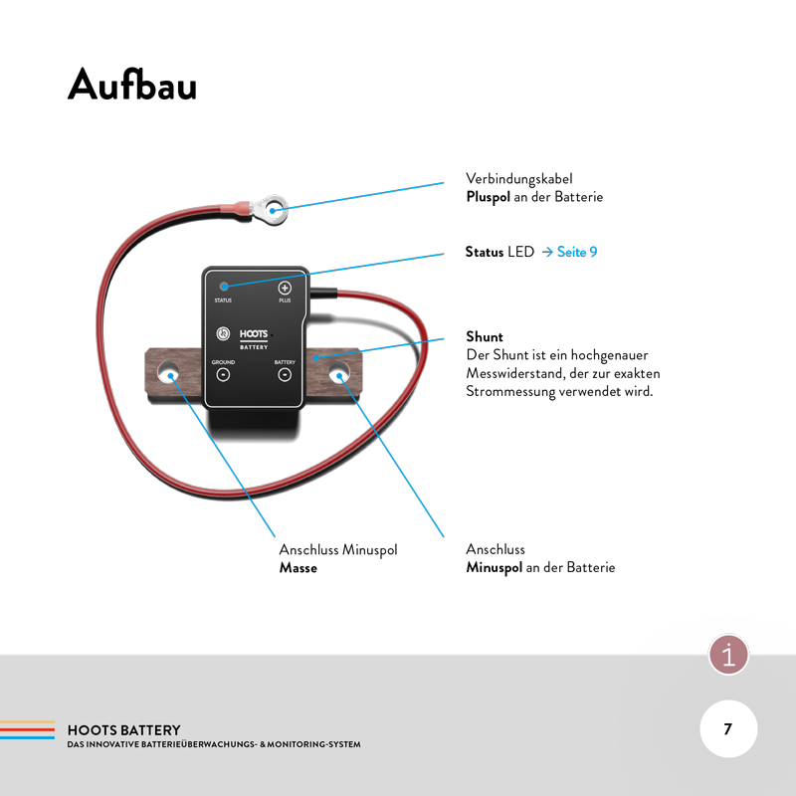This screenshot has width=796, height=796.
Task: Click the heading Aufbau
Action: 132,86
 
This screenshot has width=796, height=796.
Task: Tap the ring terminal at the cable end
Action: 275,209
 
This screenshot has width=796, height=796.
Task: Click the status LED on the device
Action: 223,287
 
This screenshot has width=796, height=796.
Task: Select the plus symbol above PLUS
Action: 285,287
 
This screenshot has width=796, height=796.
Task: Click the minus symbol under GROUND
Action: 223,375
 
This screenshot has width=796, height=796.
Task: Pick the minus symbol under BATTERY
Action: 285,375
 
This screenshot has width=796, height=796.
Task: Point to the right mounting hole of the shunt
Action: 339,376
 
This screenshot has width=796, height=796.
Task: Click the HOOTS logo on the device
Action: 246,336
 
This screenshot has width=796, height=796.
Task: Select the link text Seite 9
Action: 577,252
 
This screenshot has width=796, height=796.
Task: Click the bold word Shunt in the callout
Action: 485,337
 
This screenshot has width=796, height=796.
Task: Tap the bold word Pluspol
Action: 488,197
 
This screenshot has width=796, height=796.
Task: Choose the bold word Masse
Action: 298,568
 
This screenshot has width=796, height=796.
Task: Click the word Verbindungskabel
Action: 519,179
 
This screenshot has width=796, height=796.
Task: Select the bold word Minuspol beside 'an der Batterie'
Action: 495,568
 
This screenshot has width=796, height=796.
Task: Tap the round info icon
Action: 729,655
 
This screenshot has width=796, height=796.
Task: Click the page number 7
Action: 727,729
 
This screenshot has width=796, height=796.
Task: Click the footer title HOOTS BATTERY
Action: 123,730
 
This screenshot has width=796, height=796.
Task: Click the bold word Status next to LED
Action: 485,252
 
